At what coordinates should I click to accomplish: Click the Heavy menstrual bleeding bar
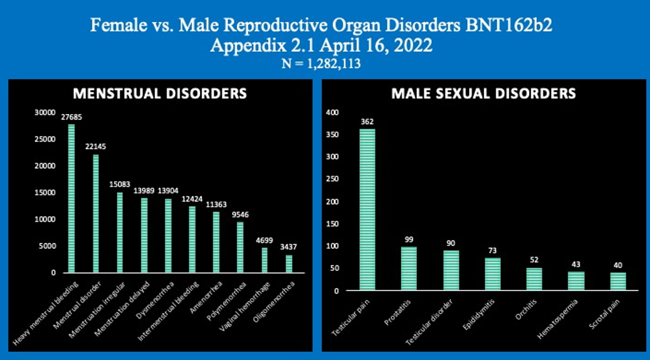pos(71,198)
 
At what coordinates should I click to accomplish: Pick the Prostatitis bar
pos(409,269)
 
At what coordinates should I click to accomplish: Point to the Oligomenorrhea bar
pos(289,263)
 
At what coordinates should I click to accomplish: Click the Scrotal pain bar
pos(618,281)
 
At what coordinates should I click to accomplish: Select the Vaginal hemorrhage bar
pos(265,260)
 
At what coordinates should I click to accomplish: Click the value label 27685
pos(71,118)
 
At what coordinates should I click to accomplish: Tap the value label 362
pos(367,122)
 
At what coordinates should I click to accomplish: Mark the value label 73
pos(493,251)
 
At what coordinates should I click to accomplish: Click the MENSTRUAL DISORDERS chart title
pos(160,93)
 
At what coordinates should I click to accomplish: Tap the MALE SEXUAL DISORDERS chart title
pos(483,93)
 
